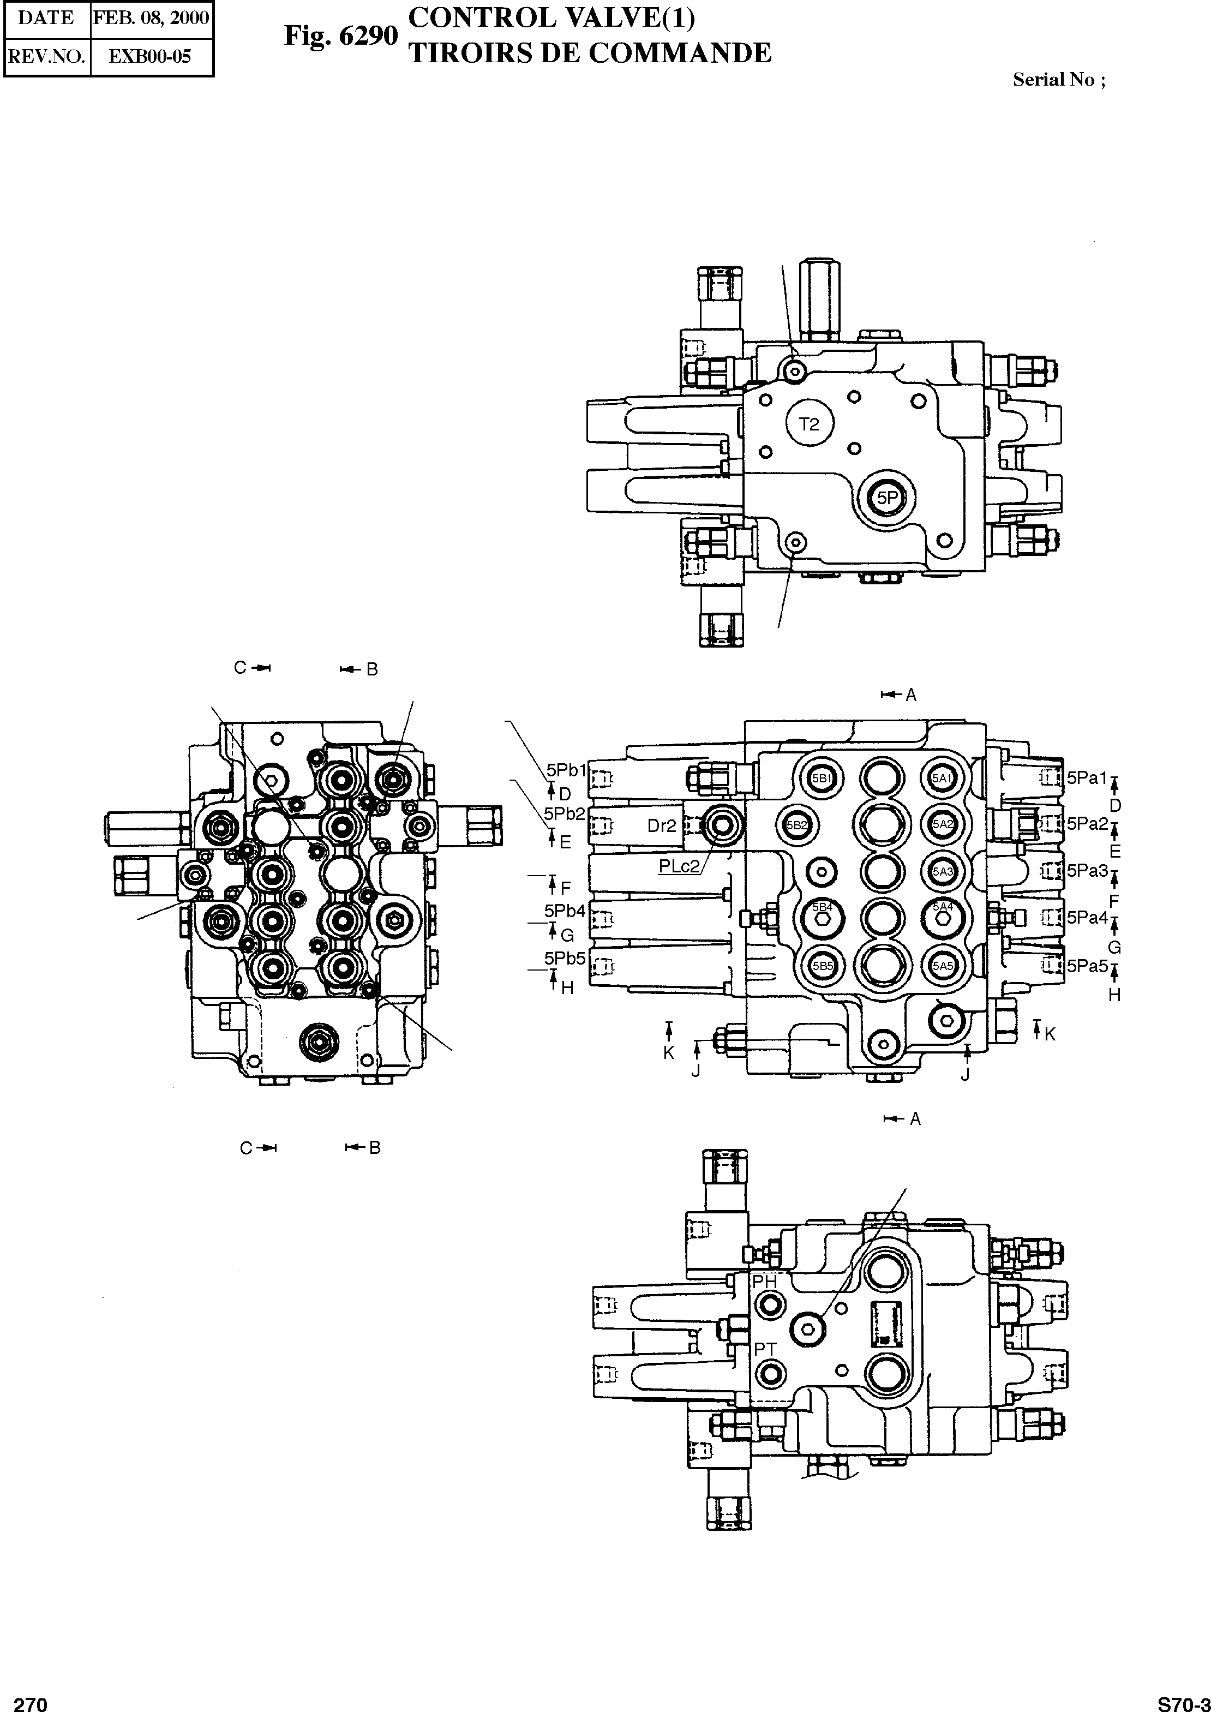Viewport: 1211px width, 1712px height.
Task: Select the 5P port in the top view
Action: [886, 498]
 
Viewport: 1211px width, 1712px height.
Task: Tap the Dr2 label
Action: [662, 825]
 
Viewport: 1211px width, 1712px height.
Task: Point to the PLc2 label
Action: [679, 866]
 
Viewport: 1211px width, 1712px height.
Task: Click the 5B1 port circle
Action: [822, 779]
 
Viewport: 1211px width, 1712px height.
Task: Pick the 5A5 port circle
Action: [943, 966]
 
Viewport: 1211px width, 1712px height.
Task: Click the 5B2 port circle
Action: [797, 825]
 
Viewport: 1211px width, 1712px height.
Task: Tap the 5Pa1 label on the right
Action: [1087, 777]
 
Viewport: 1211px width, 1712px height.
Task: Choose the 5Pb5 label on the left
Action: [565, 958]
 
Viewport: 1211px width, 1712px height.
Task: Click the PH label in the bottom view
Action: [764, 1281]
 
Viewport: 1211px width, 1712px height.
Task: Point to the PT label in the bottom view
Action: [765, 1349]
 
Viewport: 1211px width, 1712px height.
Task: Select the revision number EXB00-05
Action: [151, 57]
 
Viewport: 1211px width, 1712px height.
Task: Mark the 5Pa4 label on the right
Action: [1087, 917]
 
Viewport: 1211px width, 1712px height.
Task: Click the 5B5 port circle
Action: [822, 966]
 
